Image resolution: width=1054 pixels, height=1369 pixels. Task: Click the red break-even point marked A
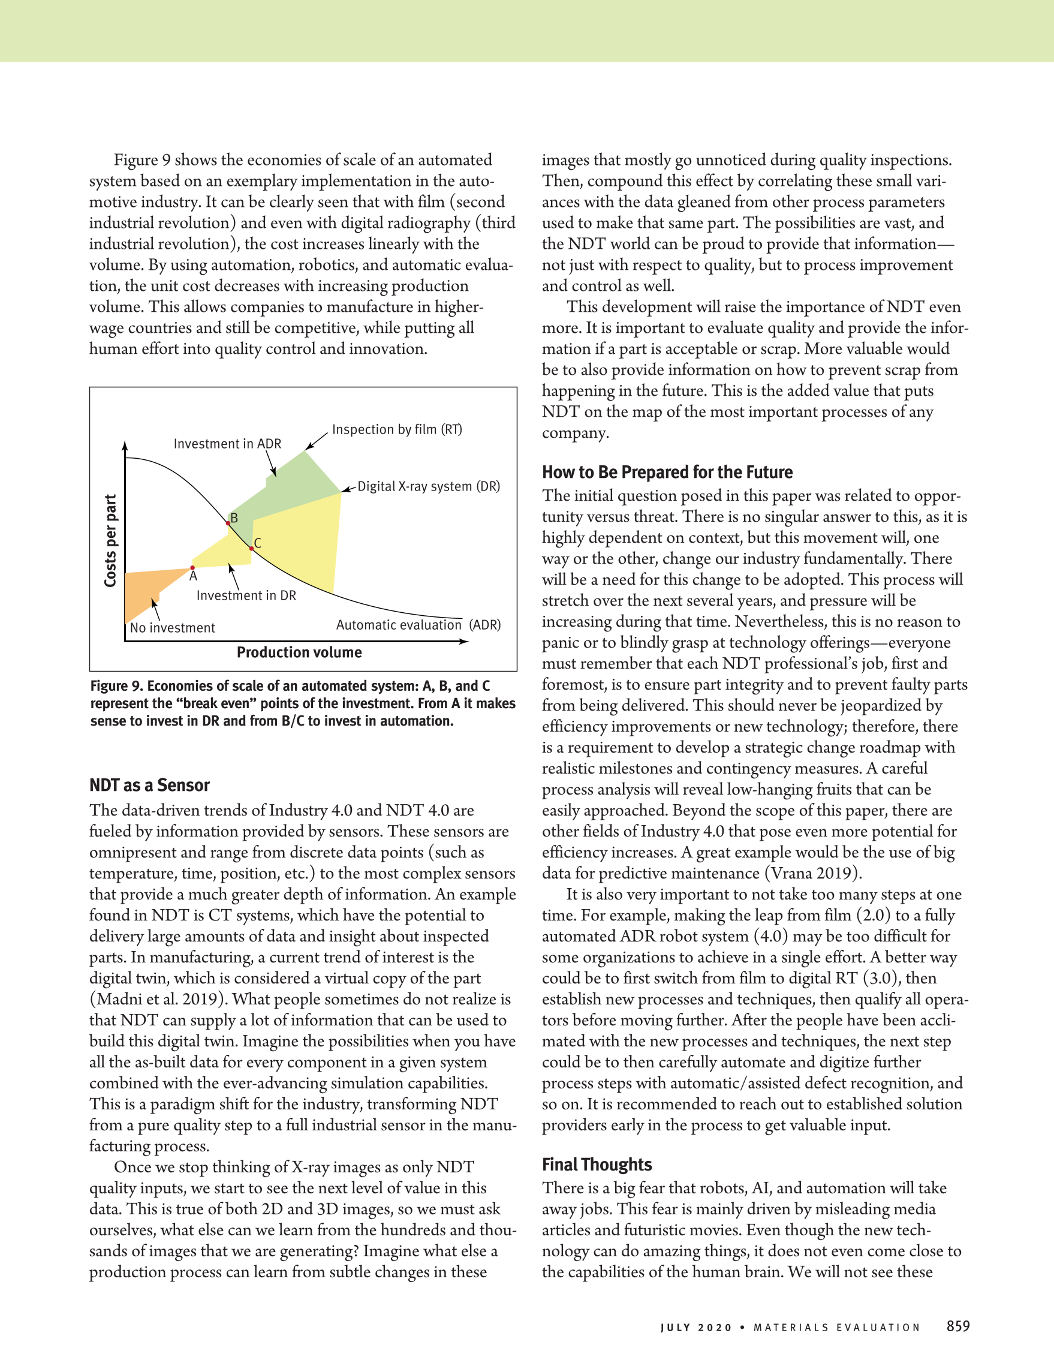[192, 567]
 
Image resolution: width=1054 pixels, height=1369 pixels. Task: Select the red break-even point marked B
[228, 523]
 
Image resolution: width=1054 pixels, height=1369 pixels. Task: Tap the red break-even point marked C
[251, 549]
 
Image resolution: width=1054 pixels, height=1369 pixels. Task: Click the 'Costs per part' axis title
[111, 540]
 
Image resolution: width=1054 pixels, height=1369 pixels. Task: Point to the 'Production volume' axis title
[299, 652]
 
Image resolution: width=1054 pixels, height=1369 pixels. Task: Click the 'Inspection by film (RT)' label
[397, 429]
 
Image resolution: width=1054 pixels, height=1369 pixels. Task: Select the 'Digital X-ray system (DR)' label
[429, 486]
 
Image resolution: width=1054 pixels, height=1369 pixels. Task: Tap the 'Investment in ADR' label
[227, 444]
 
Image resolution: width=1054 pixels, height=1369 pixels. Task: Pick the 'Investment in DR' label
[246, 595]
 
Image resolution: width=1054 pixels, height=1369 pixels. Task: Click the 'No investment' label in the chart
[172, 628]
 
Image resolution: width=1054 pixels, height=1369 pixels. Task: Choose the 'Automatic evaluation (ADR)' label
[418, 625]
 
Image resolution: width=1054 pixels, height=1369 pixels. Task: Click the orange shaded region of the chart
[144, 589]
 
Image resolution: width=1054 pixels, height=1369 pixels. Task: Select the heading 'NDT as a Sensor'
[149, 786]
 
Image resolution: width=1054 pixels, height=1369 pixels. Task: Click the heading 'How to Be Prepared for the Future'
[667, 472]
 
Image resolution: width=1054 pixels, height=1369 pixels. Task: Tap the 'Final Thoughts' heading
[597, 1165]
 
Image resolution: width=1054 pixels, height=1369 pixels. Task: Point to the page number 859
[958, 1326]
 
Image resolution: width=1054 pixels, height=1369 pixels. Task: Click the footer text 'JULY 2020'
[695, 1328]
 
